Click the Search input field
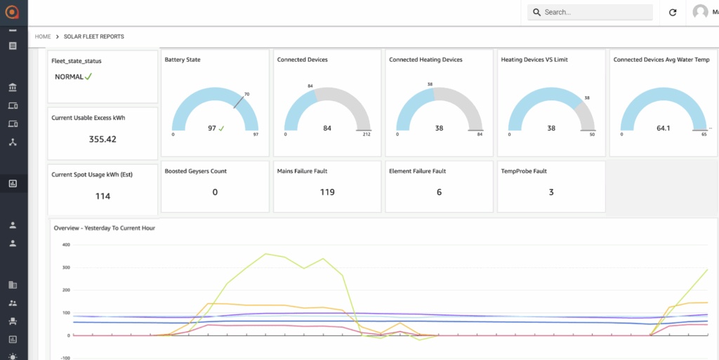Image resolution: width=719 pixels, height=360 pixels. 590,13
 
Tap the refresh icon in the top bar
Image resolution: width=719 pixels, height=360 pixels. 673,13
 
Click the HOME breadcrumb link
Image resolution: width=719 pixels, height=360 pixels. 43,36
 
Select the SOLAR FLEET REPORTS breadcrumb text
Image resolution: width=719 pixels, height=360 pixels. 93,36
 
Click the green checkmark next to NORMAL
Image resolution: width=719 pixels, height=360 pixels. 88,77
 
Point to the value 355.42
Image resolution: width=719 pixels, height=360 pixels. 103,139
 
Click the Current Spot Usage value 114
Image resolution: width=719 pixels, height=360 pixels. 103,196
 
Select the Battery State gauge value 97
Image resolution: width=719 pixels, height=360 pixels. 212,128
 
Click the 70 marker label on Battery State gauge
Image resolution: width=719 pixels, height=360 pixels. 246,94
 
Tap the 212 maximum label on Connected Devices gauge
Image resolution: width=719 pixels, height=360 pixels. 367,134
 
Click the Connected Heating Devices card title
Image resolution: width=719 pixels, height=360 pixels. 426,60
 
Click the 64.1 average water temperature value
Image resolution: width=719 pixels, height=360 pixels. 663,128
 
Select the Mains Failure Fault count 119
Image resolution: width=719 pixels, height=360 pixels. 327,192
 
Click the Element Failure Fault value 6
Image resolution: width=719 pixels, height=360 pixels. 440,192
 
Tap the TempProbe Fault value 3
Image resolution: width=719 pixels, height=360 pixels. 551,192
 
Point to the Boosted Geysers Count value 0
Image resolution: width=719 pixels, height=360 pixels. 215,192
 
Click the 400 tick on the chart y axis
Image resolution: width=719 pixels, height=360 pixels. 65,245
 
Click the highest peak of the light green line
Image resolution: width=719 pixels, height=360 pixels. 266,254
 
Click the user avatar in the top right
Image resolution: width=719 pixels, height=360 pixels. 700,13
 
